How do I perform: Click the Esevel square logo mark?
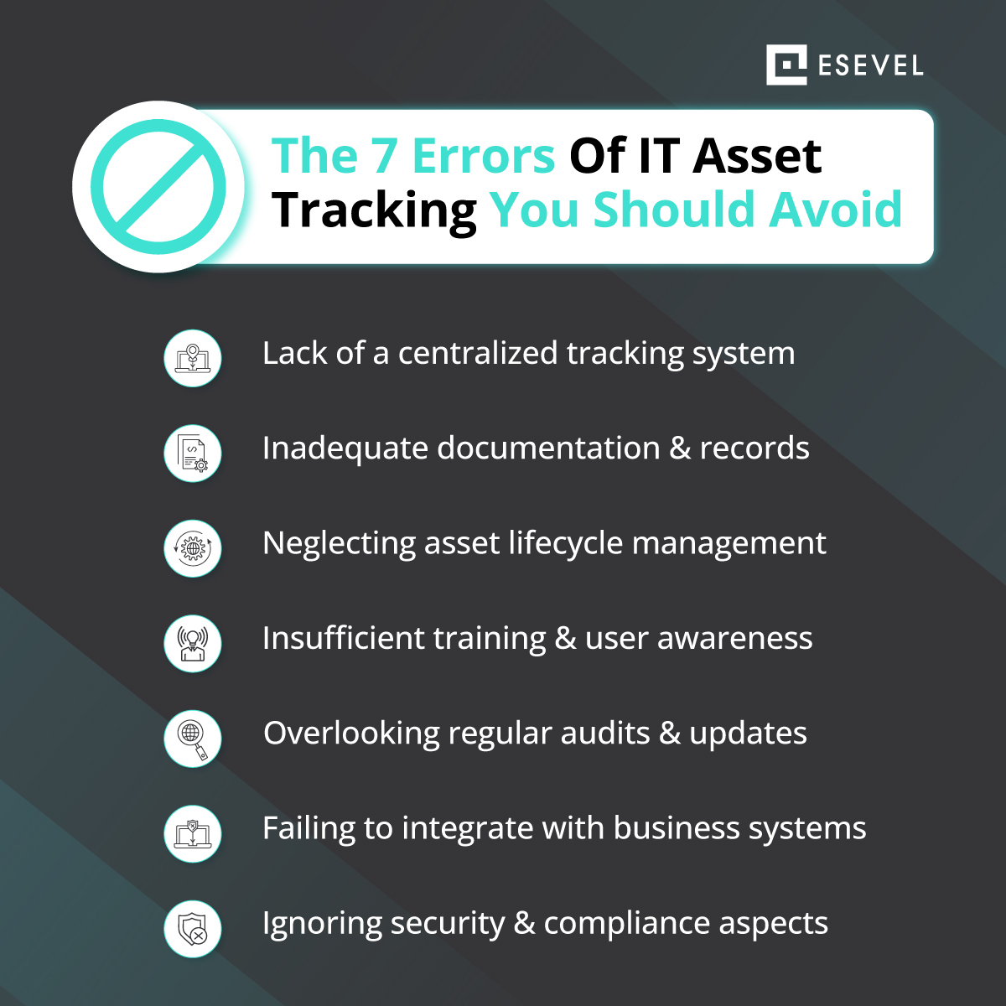click(786, 65)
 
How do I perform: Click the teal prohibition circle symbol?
click(158, 186)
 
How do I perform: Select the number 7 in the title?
click(385, 156)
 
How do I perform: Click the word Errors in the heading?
click(483, 156)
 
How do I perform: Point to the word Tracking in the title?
click(374, 210)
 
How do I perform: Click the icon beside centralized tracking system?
click(192, 358)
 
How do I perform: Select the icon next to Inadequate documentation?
click(192, 453)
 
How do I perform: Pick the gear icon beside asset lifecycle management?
click(192, 548)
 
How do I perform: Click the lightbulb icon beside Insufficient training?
click(192, 643)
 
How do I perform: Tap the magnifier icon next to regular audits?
click(192, 738)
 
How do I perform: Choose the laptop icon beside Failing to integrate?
click(192, 833)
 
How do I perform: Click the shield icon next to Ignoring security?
click(192, 928)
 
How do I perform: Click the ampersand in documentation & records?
click(680, 449)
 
